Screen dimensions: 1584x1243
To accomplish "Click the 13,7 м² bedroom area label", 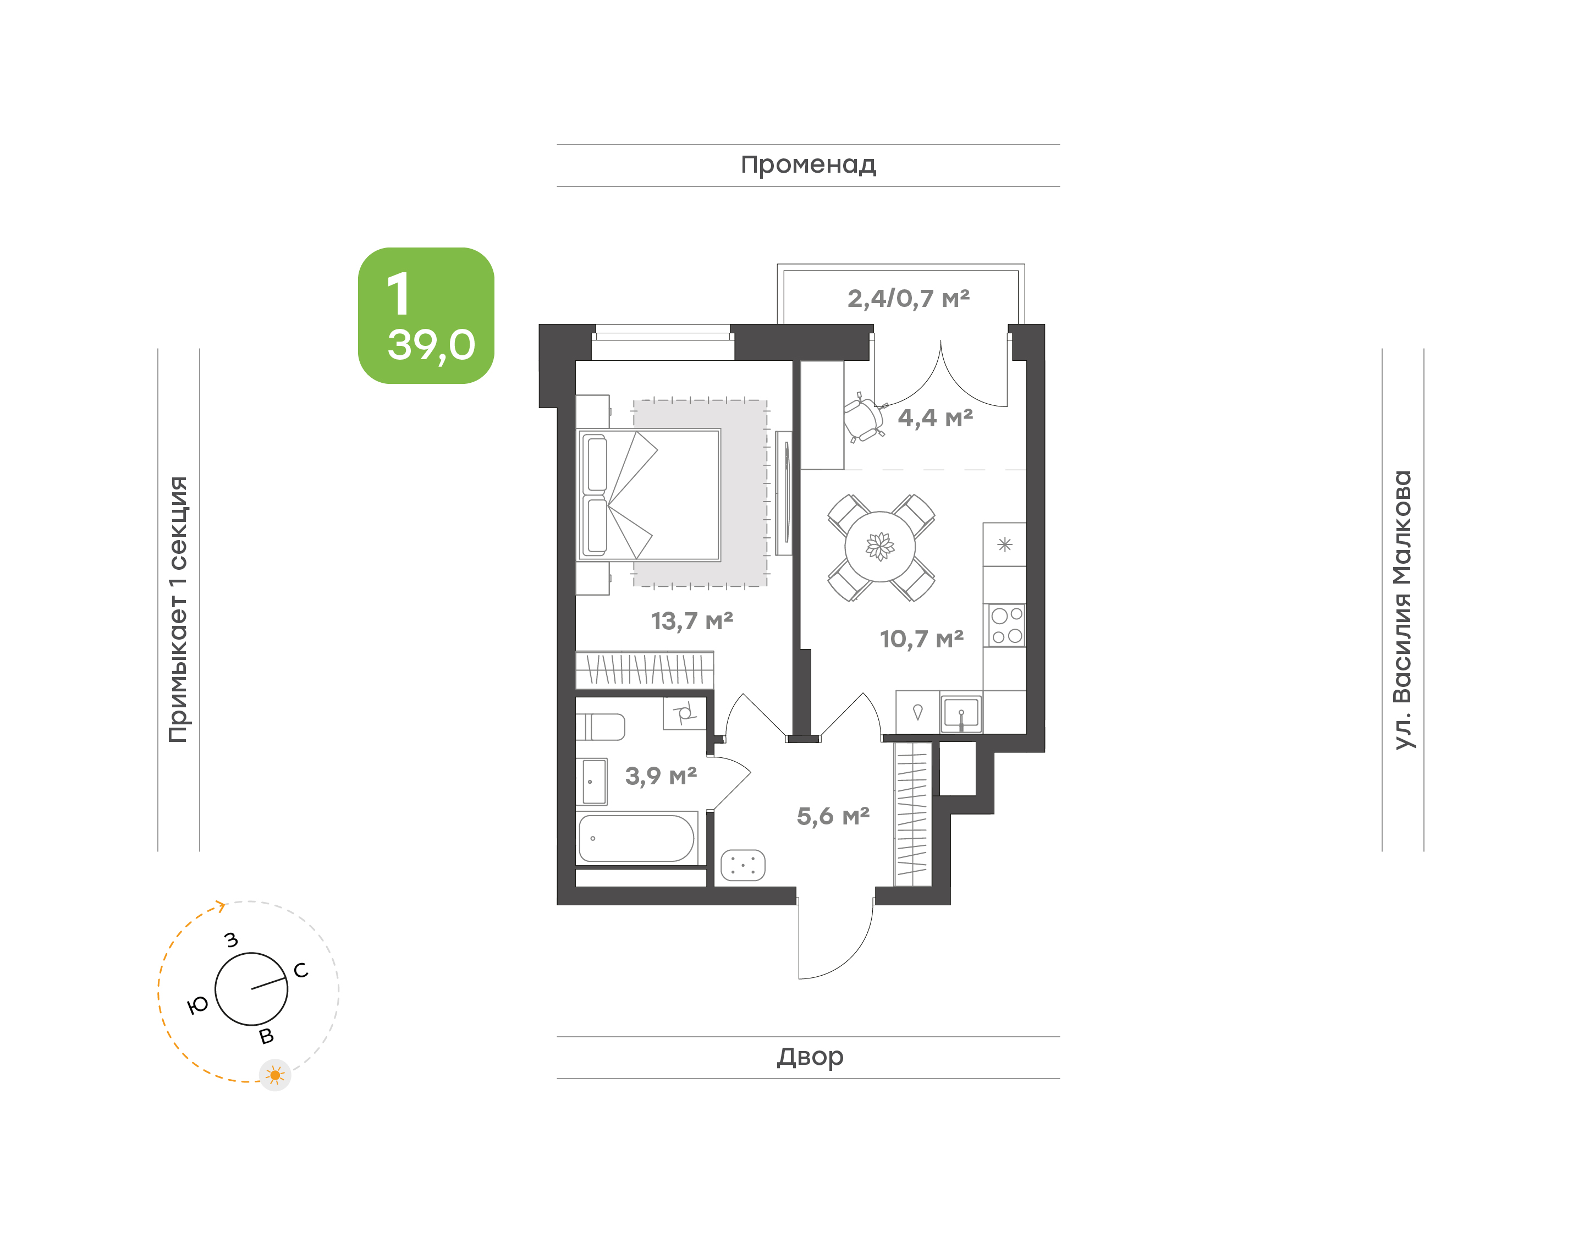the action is (691, 621).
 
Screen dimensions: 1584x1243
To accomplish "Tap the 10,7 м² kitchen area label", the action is (921, 639).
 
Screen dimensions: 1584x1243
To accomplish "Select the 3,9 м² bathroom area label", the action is (661, 776).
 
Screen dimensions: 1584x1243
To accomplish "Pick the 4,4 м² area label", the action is (935, 418).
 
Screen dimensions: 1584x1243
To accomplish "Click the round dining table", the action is (881, 547).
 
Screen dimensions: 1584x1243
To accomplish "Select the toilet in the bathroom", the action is (600, 727).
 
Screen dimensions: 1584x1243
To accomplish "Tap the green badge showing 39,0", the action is (426, 316).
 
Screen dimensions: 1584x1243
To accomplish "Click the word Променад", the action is (809, 165).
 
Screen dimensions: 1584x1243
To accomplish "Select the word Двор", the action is (810, 1057).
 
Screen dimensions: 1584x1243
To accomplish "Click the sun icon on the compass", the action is (275, 1075).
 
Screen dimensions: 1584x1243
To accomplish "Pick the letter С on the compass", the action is (300, 970).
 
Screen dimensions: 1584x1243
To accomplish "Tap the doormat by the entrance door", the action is (743, 865).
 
